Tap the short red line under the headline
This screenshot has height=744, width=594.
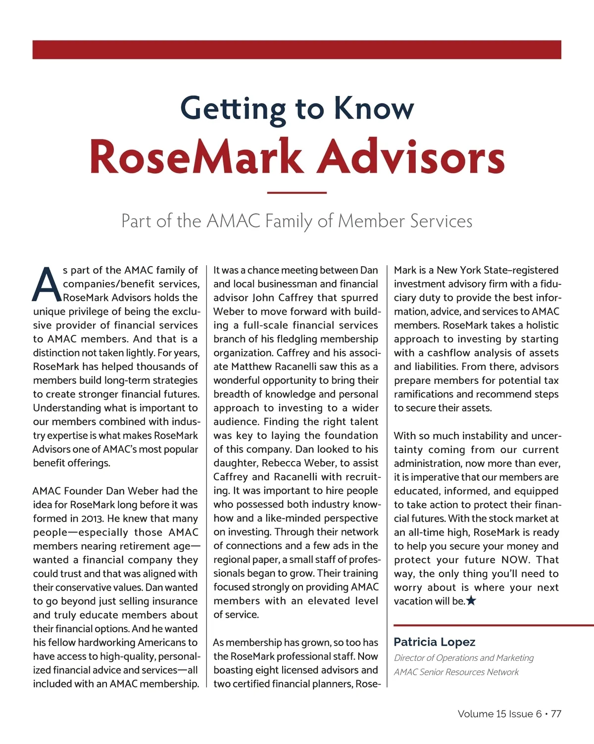pyautogui.click(x=297, y=192)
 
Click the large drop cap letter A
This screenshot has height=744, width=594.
pyautogui.click(x=46, y=285)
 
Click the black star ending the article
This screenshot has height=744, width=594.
pyautogui.click(x=471, y=601)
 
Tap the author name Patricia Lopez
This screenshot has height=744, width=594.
pyautogui.click(x=434, y=642)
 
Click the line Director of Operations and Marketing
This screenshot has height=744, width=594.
pyautogui.click(x=463, y=658)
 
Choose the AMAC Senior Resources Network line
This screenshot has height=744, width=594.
pyautogui.click(x=456, y=672)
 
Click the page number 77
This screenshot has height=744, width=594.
pyautogui.click(x=556, y=714)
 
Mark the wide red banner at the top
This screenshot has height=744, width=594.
pyautogui.click(x=297, y=49)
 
